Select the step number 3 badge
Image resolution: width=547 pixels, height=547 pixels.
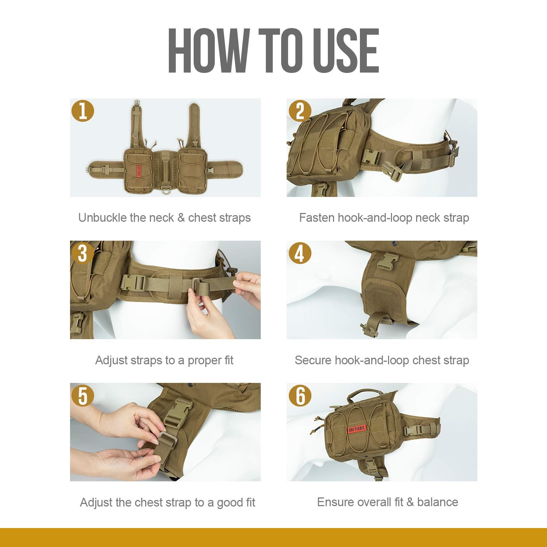tap(83, 253)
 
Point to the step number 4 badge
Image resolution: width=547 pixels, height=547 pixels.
tap(300, 253)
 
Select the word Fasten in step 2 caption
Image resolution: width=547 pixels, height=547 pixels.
tap(317, 218)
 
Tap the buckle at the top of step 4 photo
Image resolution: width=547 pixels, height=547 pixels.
tap(387, 260)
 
